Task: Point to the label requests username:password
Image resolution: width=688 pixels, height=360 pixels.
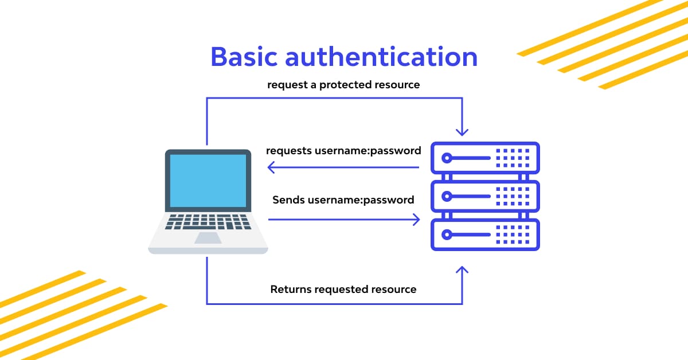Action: point(343,151)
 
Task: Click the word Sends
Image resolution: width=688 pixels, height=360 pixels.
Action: point(288,200)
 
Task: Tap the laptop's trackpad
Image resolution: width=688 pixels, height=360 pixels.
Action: point(208,238)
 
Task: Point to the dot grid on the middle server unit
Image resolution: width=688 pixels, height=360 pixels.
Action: point(513,196)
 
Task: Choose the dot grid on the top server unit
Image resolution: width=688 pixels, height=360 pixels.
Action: point(513,158)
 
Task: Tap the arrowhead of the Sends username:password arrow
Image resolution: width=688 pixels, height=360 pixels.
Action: point(416,220)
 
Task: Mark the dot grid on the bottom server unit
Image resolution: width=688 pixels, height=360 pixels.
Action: point(513,234)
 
